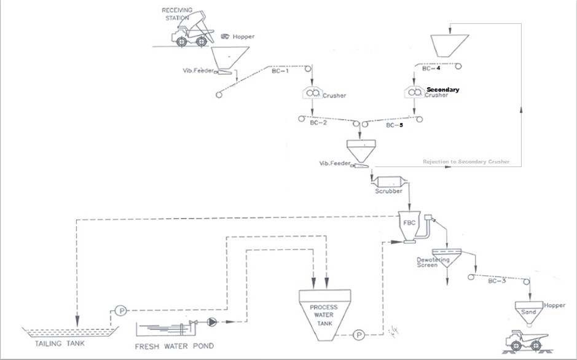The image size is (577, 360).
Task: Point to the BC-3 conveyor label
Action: coord(497,281)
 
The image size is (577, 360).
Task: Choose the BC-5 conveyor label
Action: coord(394,125)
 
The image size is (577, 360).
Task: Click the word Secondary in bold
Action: coord(442,90)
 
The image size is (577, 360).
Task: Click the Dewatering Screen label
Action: coord(433,262)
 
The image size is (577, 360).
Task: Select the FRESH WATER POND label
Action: coord(175,346)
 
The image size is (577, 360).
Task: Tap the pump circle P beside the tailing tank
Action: coord(121,311)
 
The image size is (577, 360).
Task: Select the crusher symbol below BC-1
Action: coord(312,93)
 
